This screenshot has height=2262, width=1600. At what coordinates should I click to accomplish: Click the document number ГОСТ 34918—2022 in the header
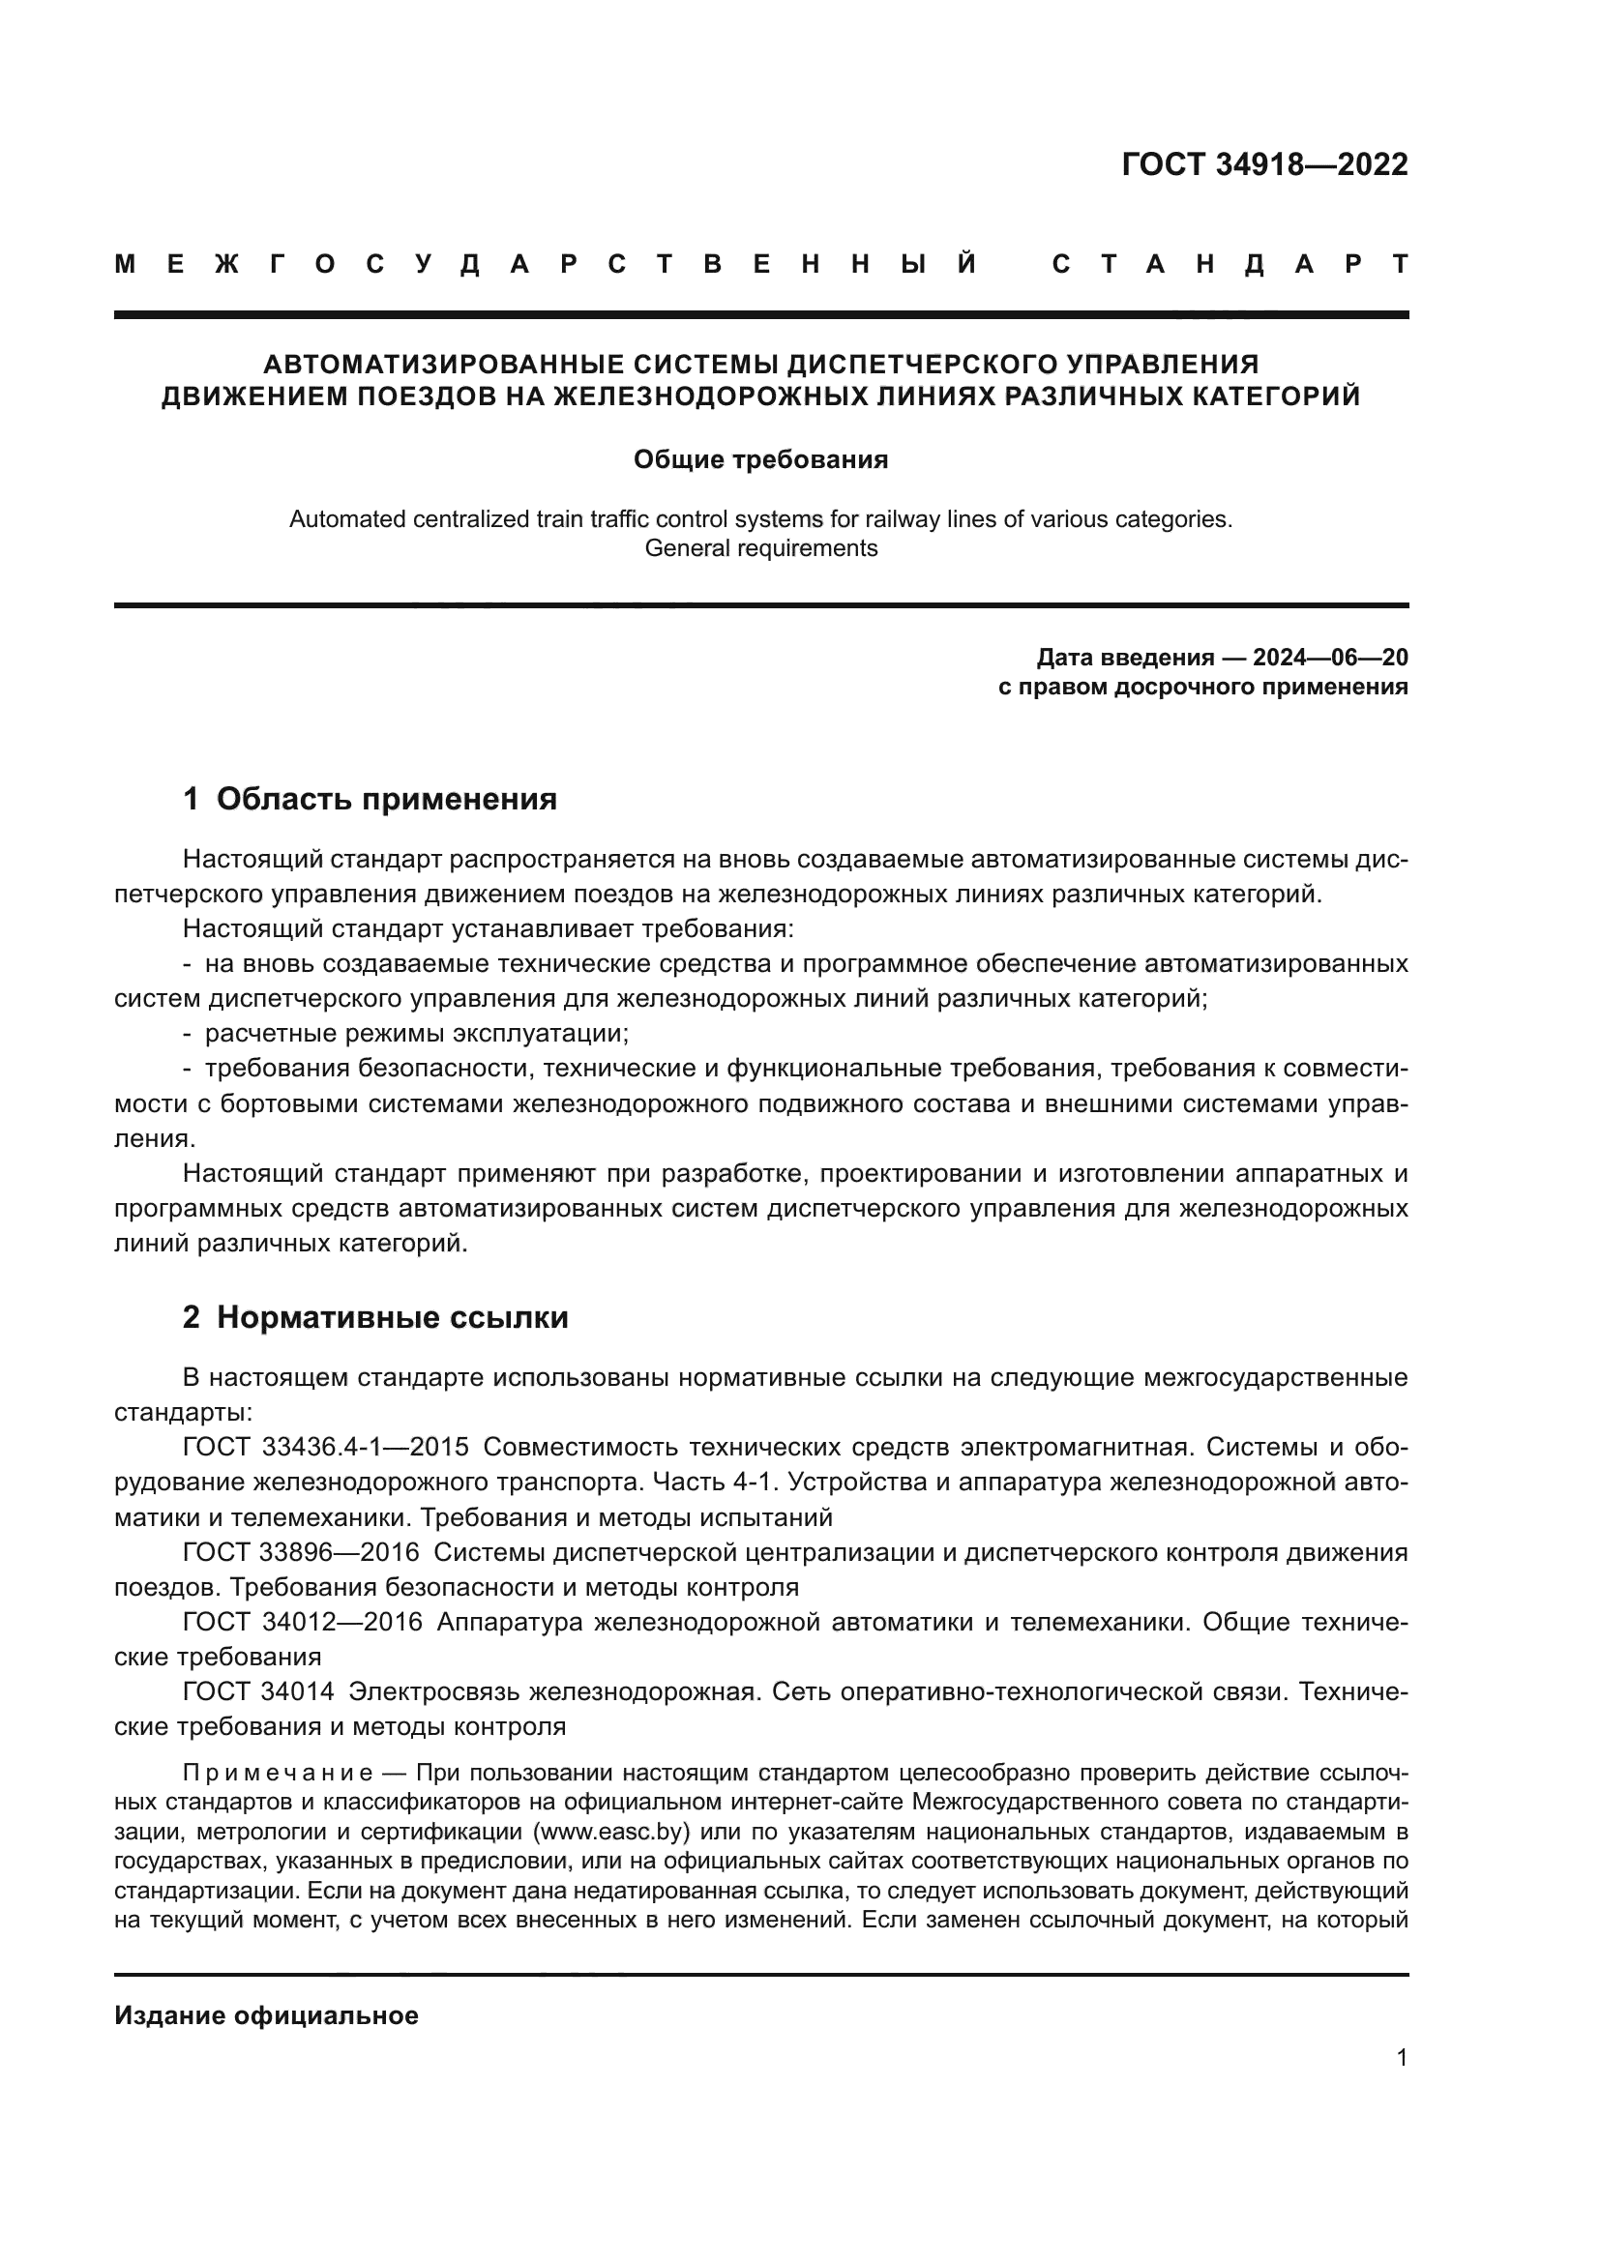(x=1264, y=164)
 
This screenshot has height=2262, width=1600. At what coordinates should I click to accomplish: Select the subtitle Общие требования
(x=760, y=460)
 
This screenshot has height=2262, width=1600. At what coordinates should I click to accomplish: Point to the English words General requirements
(x=760, y=548)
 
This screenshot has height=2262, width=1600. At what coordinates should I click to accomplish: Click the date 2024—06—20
(x=1330, y=657)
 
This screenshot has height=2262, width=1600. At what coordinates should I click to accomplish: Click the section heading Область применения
(x=386, y=799)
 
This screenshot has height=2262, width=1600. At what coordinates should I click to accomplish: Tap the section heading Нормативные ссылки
(x=392, y=1317)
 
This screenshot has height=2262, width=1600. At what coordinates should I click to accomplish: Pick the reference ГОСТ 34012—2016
(x=302, y=1622)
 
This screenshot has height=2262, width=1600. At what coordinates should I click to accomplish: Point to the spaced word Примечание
(x=278, y=1774)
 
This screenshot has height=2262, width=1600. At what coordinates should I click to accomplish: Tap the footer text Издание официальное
(x=266, y=2015)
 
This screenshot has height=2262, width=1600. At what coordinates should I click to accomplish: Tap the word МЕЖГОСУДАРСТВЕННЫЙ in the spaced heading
(x=546, y=265)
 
